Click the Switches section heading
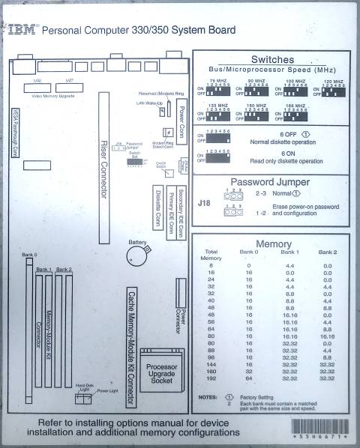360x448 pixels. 272,59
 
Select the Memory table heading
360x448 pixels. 274,244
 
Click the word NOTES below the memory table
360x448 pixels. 208,397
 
